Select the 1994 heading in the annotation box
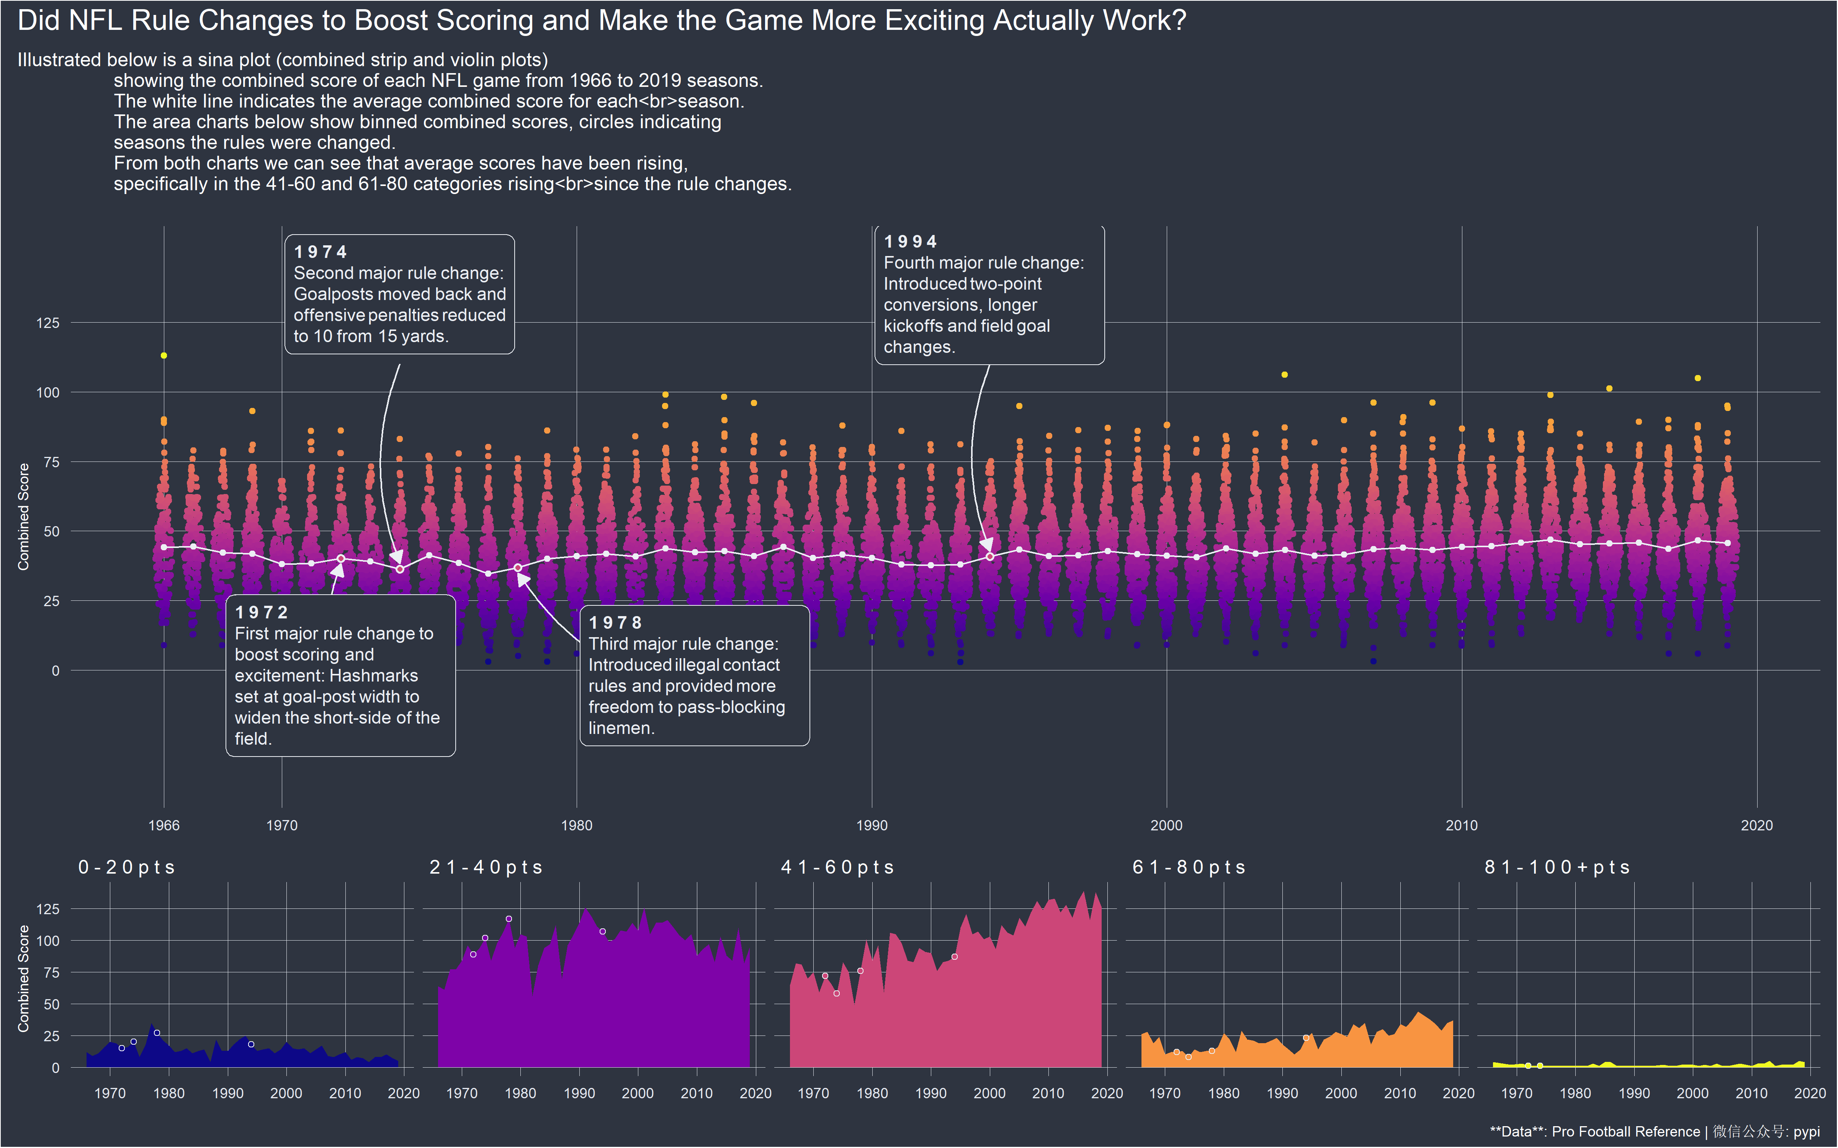coord(911,241)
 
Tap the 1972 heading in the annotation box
coord(261,612)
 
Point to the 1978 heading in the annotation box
coord(615,623)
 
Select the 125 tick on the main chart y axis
coord(48,323)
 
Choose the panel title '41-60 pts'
coord(838,867)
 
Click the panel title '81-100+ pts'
coord(1557,867)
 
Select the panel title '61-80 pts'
coord(1189,867)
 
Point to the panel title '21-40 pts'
coord(486,867)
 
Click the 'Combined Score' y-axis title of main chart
coord(23,516)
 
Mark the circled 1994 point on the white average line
coord(989,556)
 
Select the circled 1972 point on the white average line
coord(341,558)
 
